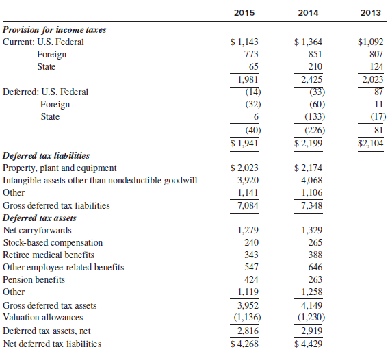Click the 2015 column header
pos(244,13)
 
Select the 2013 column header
pos(371,13)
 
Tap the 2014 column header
pos(308,13)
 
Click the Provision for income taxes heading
pos(55,30)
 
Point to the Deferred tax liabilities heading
pos(46,156)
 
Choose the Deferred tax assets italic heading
pos(39,218)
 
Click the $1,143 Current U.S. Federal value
pos(244,42)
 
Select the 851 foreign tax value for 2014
pos(315,54)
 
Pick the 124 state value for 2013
pos(376,66)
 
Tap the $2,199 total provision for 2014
pos(308,143)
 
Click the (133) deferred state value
pos(315,116)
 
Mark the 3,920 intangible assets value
pos(248,180)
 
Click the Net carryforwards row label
pos(38,231)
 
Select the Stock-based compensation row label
pos(53,242)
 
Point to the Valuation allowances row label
pos(43,317)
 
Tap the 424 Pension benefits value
pos(251,279)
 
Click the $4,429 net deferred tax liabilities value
pos(308,344)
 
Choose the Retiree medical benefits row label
pos(49,255)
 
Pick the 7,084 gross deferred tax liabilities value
pos(248,205)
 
